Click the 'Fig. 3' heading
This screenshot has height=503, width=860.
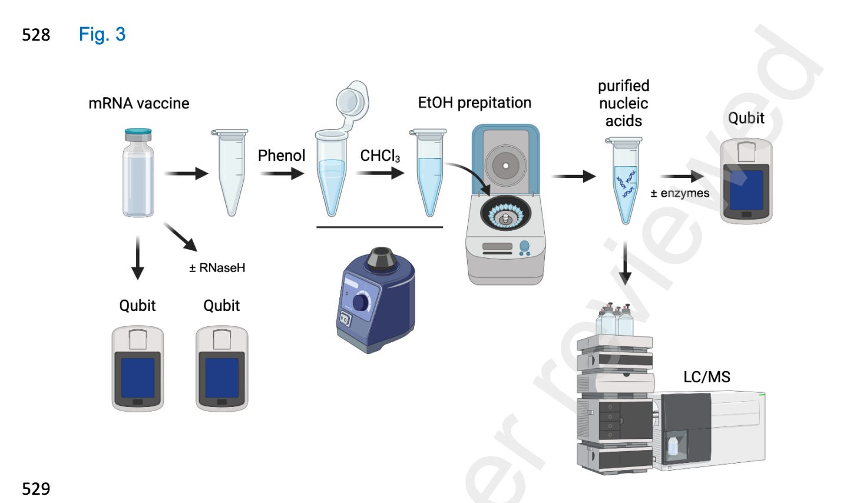tap(102, 34)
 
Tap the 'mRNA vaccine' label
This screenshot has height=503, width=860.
tap(138, 104)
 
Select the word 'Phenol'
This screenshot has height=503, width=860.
tap(282, 155)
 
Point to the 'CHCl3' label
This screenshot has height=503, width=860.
tap(380, 156)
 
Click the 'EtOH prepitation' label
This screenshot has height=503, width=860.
tap(474, 103)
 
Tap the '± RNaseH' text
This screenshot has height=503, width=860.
tap(217, 268)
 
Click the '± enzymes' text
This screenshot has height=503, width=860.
tap(680, 193)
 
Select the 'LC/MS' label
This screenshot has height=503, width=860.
tap(706, 377)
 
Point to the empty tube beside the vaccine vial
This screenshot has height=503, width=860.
tap(229, 171)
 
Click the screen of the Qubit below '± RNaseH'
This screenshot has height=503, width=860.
tap(221, 378)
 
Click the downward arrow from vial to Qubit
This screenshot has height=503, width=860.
tap(137, 257)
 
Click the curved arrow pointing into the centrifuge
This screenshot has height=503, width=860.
tap(471, 177)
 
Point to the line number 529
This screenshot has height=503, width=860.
tap(36, 489)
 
